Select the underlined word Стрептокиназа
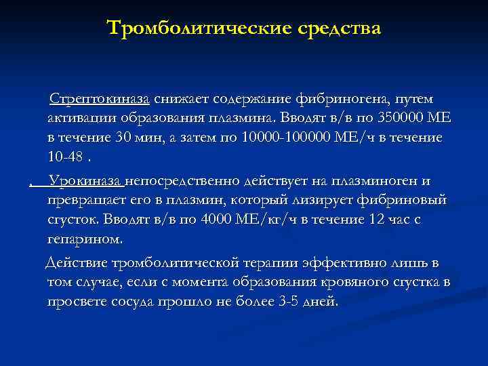click(x=100, y=99)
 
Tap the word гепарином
click(x=85, y=239)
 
